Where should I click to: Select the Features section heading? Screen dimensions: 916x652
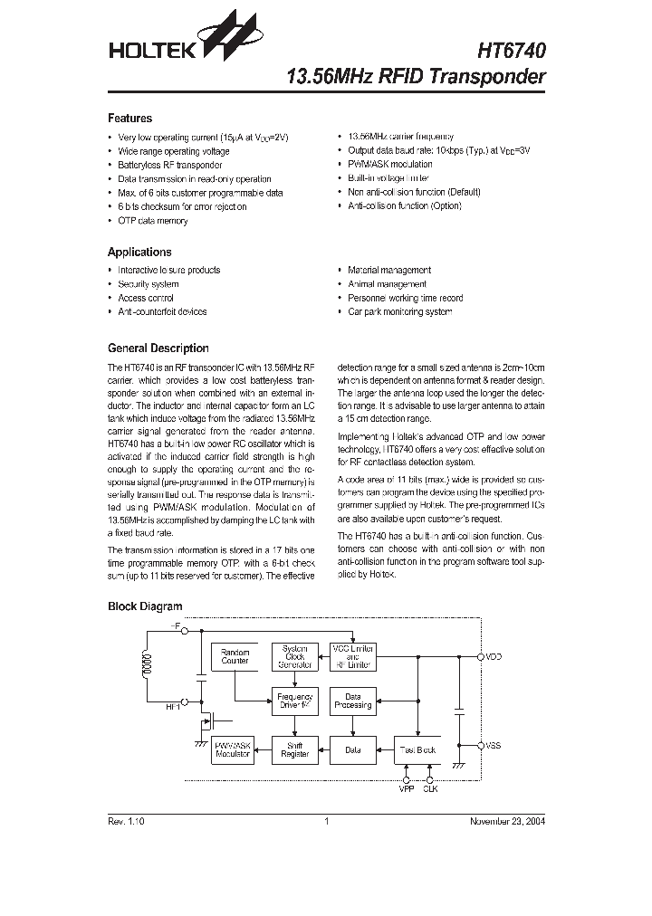pyautogui.click(x=129, y=119)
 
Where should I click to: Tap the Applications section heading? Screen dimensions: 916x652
pyautogui.click(x=139, y=253)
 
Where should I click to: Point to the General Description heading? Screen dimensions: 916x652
pyautogui.click(x=158, y=348)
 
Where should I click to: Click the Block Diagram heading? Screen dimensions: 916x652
pyautogui.click(x=145, y=606)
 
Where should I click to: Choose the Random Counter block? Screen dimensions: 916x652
pyautogui.click(x=235, y=657)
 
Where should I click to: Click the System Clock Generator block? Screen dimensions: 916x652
pyautogui.click(x=295, y=657)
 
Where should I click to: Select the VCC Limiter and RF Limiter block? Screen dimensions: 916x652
pyautogui.click(x=353, y=657)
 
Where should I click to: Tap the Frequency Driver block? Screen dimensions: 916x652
pyautogui.click(x=295, y=701)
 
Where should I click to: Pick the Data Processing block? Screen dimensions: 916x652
pyautogui.click(x=353, y=701)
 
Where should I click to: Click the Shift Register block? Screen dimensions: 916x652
pyautogui.click(x=295, y=750)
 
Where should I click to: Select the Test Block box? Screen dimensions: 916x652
pyautogui.click(x=417, y=750)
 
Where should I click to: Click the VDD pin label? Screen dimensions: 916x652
pyautogui.click(x=494, y=656)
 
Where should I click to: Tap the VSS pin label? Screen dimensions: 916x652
pyautogui.click(x=494, y=745)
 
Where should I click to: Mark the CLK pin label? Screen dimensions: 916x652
pyautogui.click(x=430, y=790)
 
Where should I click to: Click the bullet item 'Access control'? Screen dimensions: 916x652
pyautogui.click(x=145, y=298)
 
